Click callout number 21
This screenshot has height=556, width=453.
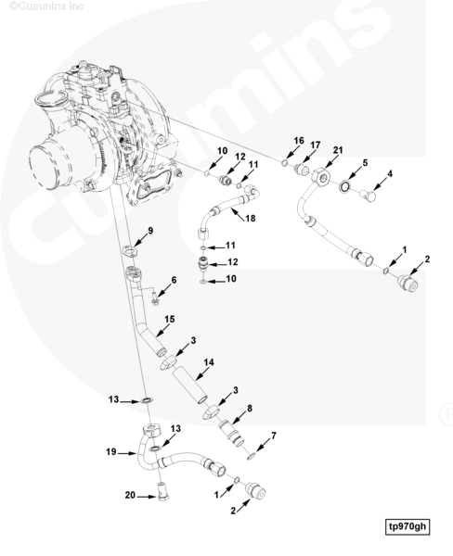click(x=338, y=150)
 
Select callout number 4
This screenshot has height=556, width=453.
click(x=390, y=174)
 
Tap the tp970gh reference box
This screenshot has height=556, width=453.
click(x=408, y=525)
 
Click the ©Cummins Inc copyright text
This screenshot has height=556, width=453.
click(x=46, y=6)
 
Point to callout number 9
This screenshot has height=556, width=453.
click(x=150, y=231)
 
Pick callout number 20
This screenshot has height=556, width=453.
click(x=130, y=495)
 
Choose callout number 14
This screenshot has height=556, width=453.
click(x=209, y=362)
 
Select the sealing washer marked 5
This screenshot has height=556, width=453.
click(x=343, y=186)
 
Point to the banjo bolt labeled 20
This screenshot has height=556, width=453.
click(x=163, y=491)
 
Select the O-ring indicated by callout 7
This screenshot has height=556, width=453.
click(x=251, y=456)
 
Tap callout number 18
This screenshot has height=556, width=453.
click(x=250, y=218)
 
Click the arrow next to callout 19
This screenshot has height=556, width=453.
click(x=128, y=453)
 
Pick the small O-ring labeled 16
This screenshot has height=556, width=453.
click(x=285, y=163)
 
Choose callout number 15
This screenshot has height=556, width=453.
click(x=170, y=319)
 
